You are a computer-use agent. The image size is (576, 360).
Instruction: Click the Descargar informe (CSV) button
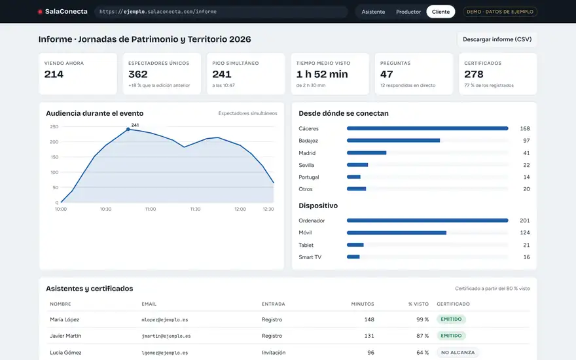coord(497,39)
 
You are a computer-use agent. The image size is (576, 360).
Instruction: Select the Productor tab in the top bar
coord(408,12)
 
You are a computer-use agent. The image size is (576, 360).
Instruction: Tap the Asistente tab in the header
coord(373,12)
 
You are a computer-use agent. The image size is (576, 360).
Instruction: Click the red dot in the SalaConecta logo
coord(40,12)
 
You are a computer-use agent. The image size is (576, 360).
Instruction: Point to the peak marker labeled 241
coord(128,130)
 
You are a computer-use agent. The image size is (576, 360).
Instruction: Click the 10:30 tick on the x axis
coord(105,209)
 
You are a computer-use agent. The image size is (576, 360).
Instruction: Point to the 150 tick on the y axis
coord(54,157)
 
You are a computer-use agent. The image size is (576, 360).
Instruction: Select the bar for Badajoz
coord(393,140)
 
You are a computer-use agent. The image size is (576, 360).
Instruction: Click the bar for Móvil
coord(397,232)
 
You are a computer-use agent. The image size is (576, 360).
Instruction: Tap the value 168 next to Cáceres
coord(524,128)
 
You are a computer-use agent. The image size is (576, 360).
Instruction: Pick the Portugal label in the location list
coord(308,177)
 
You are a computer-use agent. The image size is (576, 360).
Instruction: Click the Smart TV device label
coord(310,257)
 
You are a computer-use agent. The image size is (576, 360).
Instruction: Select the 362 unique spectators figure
coord(137,74)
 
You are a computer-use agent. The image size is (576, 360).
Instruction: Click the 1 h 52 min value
coord(322,74)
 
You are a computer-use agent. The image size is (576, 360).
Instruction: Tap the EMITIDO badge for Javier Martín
coord(451,335)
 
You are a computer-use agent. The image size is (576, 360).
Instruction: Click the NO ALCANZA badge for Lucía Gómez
coord(458,352)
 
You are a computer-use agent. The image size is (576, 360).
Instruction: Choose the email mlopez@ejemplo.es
coord(164,319)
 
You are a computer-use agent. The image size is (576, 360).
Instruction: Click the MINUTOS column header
coord(363,304)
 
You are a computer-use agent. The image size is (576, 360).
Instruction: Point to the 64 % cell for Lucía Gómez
coord(422,352)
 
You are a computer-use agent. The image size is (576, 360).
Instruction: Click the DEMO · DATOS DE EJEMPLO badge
coord(500,12)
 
